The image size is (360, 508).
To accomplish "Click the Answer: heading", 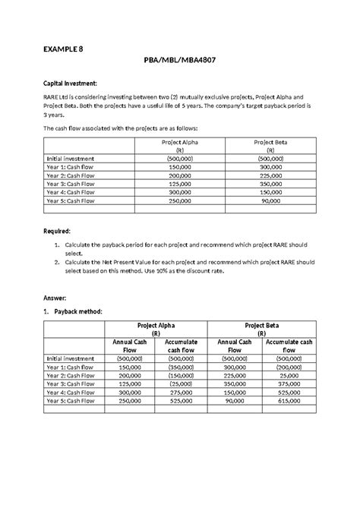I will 57,299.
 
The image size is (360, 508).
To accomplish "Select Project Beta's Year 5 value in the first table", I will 270,200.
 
